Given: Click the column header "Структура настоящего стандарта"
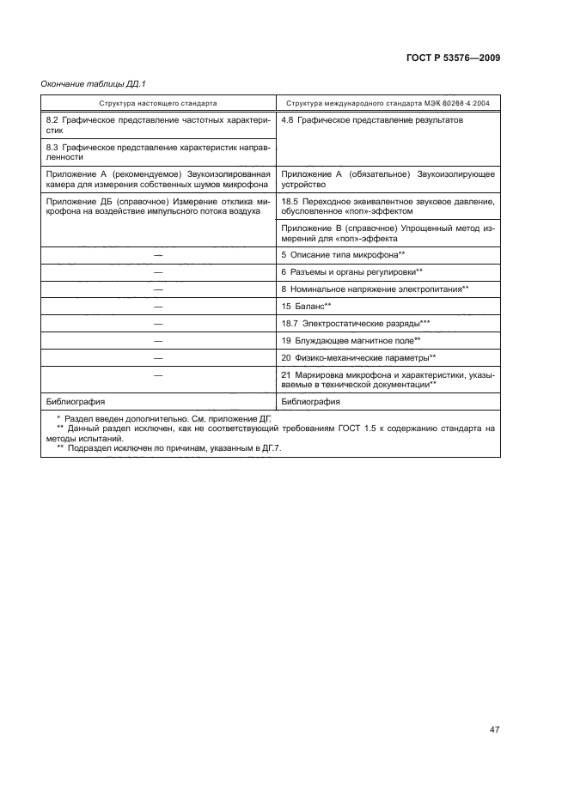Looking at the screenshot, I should [x=156, y=103].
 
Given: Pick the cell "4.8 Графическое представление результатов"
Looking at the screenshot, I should [x=372, y=121].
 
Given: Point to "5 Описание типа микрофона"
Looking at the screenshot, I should [x=343, y=255].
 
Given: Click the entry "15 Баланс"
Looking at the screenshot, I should [x=307, y=306].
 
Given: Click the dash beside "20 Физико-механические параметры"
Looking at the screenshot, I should [x=157, y=357].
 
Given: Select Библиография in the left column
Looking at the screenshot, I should [x=73, y=401].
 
